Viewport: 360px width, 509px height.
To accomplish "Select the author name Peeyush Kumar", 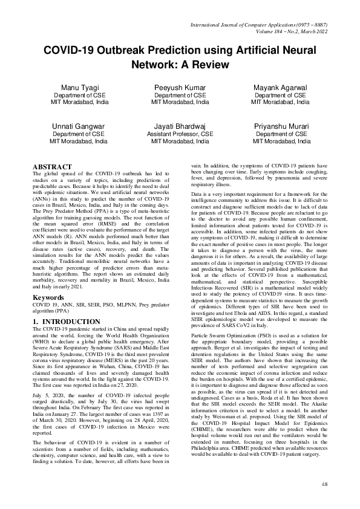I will [x=180, y=88].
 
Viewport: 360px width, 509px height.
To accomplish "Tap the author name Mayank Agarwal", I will [x=281, y=88].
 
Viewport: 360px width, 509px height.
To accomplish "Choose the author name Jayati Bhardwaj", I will [x=180, y=126].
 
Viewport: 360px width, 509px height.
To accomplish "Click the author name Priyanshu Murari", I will [x=281, y=126].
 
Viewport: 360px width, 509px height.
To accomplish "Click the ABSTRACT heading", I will [x=53, y=167].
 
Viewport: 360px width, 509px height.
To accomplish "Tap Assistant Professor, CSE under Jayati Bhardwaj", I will [x=180, y=134].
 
